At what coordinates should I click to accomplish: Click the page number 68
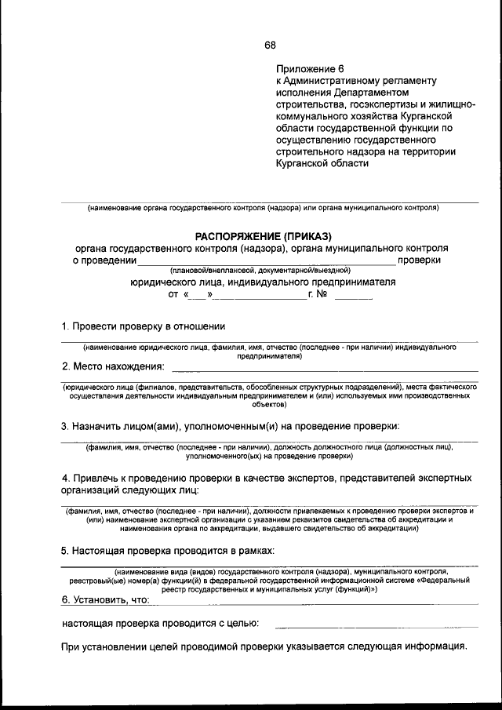(x=270, y=44)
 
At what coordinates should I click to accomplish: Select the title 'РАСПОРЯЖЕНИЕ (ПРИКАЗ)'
(x=264, y=234)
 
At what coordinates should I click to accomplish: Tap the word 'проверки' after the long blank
(x=419, y=259)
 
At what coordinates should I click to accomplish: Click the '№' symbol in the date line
(x=321, y=295)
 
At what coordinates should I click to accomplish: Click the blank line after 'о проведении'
(x=267, y=260)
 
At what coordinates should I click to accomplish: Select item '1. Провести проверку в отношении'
(x=144, y=326)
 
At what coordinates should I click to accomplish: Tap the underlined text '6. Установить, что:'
(x=105, y=599)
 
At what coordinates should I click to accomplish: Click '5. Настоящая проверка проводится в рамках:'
(x=168, y=551)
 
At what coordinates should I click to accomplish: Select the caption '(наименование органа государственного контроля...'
(x=263, y=208)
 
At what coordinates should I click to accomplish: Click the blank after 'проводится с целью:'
(x=376, y=624)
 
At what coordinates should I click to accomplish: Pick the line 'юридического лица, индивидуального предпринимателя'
(x=263, y=282)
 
